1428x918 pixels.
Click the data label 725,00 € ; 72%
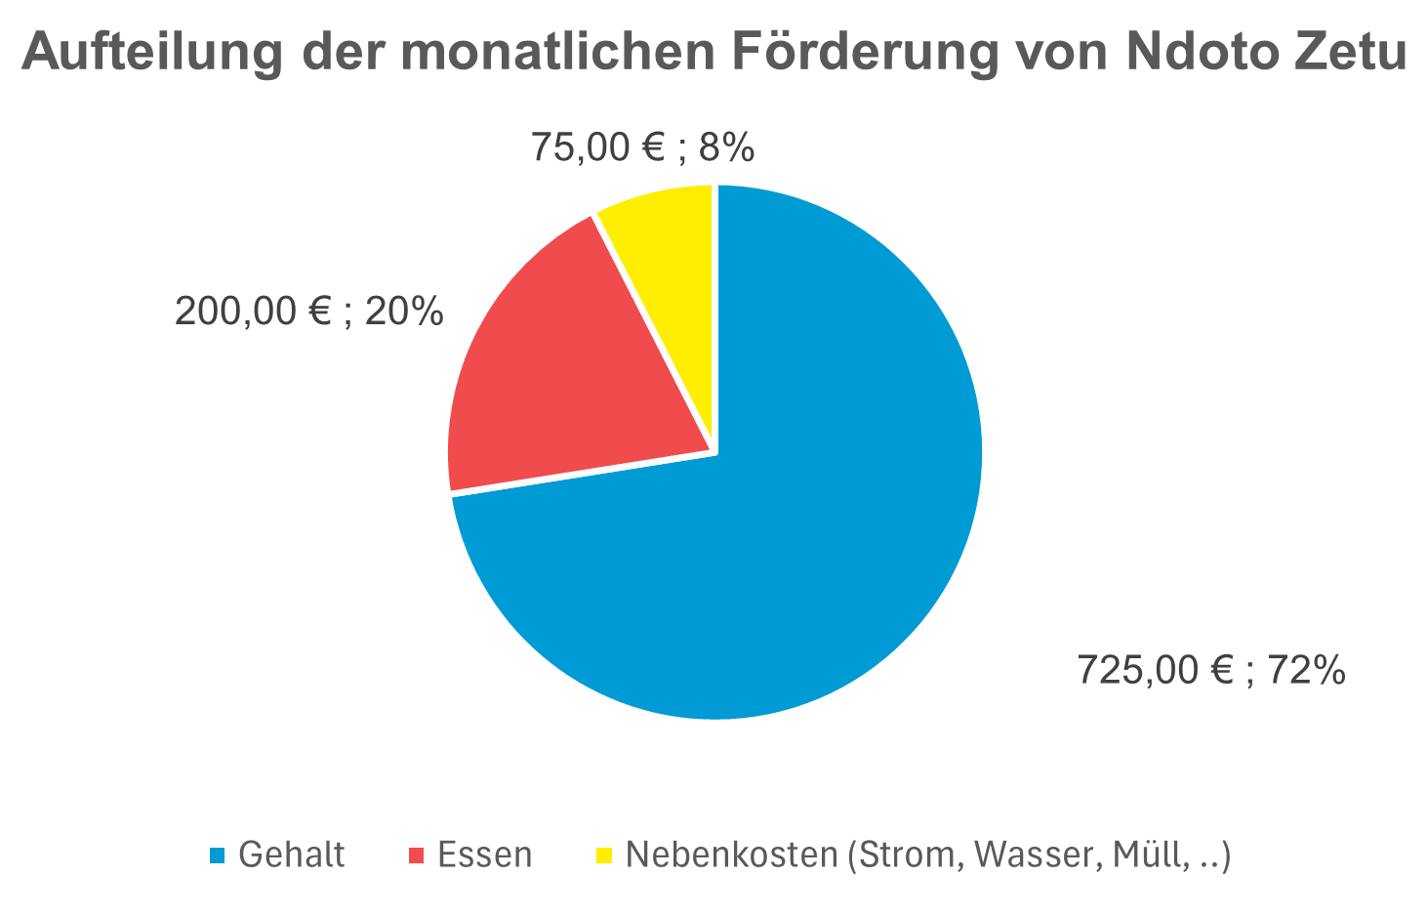[1210, 671]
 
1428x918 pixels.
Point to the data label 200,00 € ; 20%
[308, 313]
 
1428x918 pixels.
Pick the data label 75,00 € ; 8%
[642, 147]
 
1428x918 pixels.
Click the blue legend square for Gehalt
[218, 855]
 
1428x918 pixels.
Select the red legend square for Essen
[417, 855]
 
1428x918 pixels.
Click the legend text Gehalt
[291, 855]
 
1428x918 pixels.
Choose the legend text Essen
[485, 855]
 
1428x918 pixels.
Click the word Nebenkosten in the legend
[731, 855]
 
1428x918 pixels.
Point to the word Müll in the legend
[1146, 855]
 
